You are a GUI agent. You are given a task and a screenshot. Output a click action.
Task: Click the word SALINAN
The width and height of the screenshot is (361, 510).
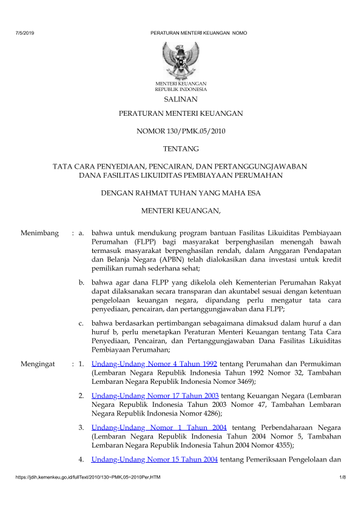pyautogui.click(x=181, y=99)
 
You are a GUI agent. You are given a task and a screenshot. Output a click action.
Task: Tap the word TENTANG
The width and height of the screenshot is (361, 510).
pyautogui.click(x=181, y=148)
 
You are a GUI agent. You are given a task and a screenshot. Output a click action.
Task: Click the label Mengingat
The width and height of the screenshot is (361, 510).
pyautogui.click(x=38, y=364)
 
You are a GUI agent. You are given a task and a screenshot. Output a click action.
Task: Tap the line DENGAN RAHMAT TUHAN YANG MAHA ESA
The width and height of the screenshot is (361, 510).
pyautogui.click(x=181, y=194)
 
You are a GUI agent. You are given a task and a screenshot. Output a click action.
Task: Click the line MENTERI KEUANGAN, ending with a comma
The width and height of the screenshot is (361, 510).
pyautogui.click(x=181, y=211)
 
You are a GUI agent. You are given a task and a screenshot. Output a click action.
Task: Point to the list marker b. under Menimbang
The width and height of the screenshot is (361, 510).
pyautogui.click(x=82, y=282)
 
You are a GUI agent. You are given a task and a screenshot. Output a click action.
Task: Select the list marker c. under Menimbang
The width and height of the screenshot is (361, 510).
pyautogui.click(x=81, y=322)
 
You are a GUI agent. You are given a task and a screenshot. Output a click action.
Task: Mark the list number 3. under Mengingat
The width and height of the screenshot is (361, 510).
pyautogui.click(x=81, y=428)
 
